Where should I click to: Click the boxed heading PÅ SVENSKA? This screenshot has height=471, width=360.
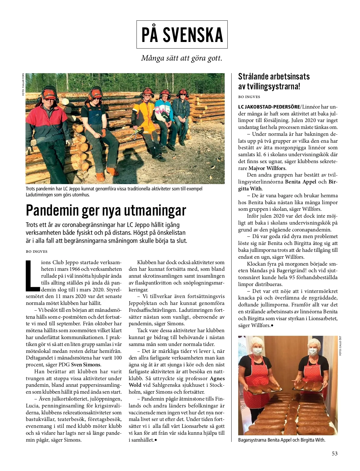[182, 34]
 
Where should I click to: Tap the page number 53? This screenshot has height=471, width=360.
[334, 453]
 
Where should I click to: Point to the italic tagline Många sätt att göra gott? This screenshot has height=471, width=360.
[182, 58]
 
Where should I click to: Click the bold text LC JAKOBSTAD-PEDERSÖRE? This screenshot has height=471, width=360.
[269, 107]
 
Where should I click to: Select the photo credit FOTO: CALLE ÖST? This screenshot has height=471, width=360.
[340, 346]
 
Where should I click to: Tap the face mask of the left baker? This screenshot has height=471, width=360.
[257, 351]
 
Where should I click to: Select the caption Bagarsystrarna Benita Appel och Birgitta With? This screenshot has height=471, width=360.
[282, 440]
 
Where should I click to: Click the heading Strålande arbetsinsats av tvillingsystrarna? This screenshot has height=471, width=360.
[274, 81]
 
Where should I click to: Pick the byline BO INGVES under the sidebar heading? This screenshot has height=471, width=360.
[249, 97]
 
